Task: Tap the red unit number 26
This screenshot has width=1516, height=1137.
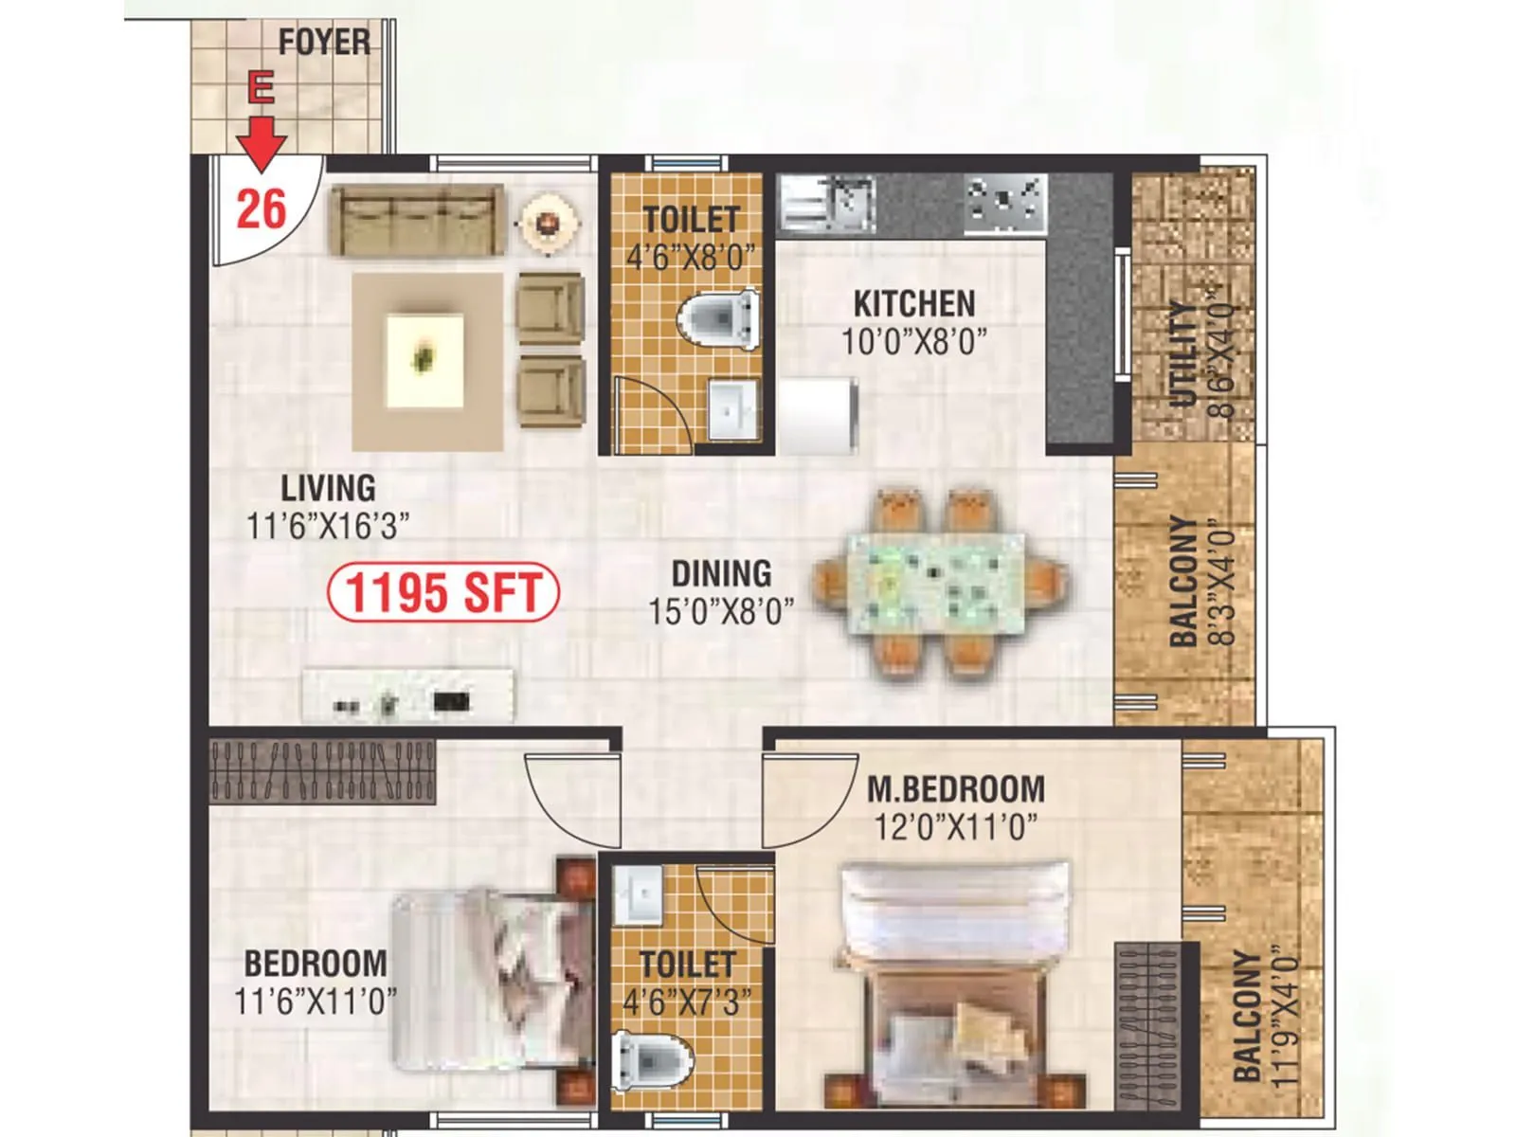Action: tap(261, 208)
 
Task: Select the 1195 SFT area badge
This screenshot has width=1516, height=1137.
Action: tap(442, 593)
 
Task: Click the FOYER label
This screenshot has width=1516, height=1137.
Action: tap(324, 43)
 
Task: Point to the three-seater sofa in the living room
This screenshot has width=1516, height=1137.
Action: tap(415, 221)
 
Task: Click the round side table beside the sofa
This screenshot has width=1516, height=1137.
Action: tap(548, 222)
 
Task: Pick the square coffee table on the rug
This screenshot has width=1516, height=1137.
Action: tap(425, 360)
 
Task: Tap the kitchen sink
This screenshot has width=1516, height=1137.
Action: tap(828, 204)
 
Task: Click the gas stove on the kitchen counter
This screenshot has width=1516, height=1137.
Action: tap(1006, 204)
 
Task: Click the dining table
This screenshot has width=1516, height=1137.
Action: tap(936, 582)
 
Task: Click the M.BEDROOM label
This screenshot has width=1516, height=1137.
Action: tap(955, 788)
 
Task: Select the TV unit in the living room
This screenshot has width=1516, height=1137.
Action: tap(407, 696)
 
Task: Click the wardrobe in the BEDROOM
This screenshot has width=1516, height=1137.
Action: tap(322, 768)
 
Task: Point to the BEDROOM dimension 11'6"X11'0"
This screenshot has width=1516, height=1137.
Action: tap(316, 1001)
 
